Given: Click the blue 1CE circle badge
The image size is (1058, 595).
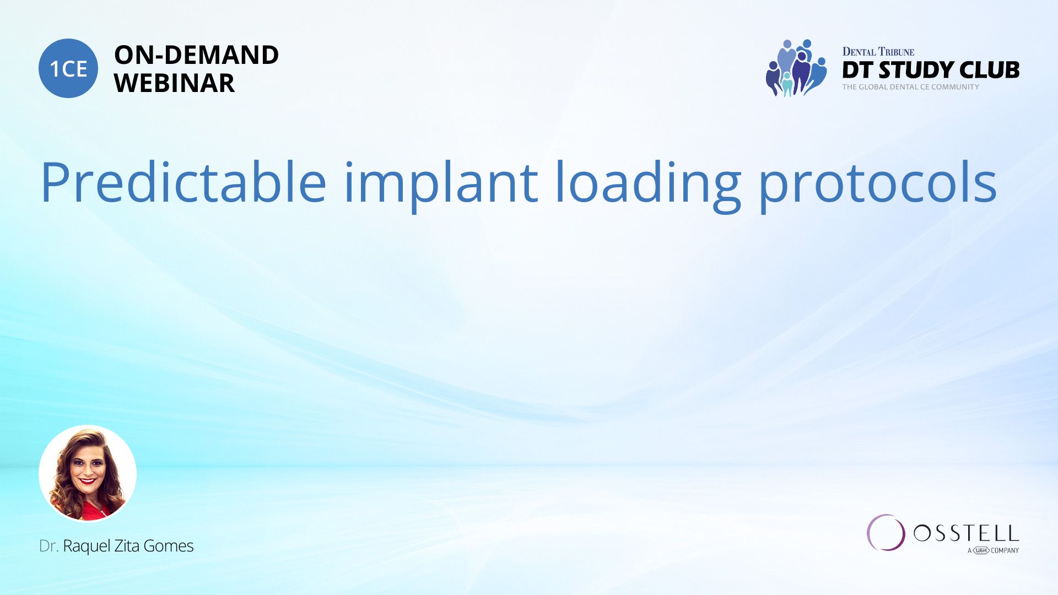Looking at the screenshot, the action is (68, 68).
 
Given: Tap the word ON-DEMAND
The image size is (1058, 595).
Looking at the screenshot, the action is (196, 55).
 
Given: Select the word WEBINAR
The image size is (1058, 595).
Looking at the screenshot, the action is (174, 83).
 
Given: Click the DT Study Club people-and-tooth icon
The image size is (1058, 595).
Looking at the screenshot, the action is (796, 68).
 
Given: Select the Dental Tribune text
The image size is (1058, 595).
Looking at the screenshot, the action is (878, 52).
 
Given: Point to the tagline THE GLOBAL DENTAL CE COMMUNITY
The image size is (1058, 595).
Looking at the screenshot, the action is (911, 87).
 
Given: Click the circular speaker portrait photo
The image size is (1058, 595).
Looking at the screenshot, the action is (88, 473).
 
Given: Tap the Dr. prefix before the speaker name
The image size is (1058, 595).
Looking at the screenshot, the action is (48, 546).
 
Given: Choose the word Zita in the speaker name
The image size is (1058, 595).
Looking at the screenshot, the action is (127, 546).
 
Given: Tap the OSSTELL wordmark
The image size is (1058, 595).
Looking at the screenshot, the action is (967, 533).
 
